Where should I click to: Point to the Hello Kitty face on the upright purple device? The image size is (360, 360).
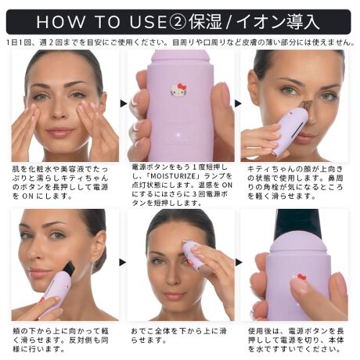point(178,90)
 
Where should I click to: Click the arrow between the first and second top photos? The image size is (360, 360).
point(124,103)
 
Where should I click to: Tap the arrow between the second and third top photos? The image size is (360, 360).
point(239,103)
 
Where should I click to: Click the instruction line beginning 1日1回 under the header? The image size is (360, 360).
point(180,41)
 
